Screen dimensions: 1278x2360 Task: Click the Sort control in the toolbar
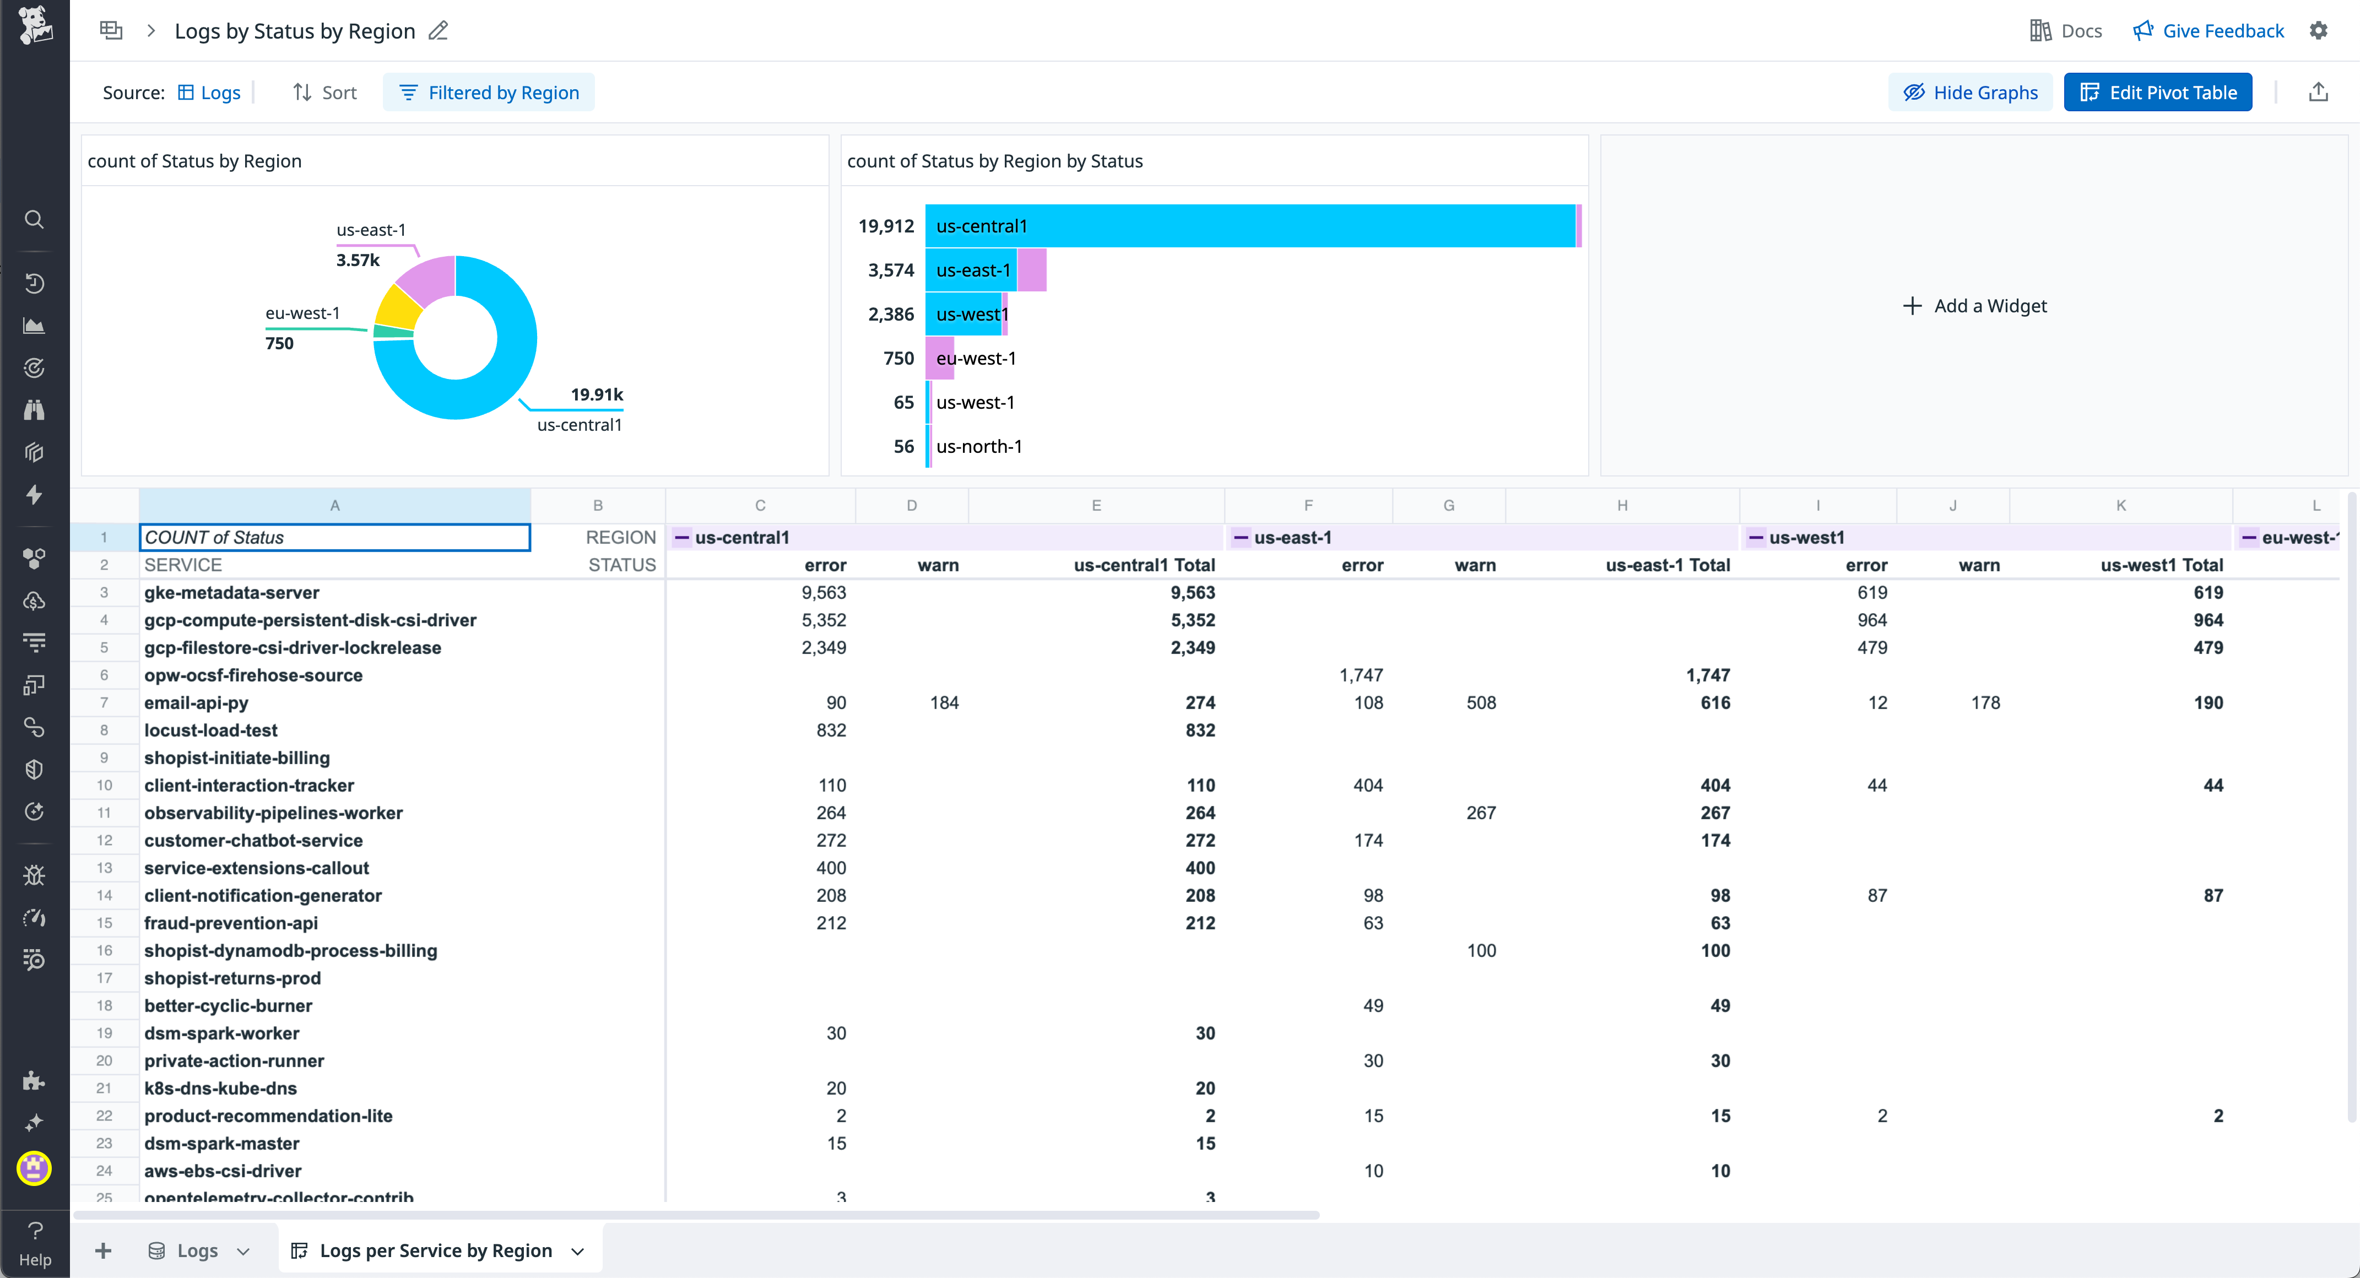click(x=324, y=93)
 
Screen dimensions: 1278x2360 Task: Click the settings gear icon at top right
click(x=2318, y=31)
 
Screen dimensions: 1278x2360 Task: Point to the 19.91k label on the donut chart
click(x=597, y=395)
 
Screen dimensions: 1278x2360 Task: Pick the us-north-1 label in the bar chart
click(x=978, y=446)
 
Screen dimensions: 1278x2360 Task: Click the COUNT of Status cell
click(x=334, y=538)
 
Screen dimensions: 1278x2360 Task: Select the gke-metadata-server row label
click(x=232, y=593)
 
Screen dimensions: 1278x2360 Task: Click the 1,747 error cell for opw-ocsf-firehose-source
click(x=1361, y=675)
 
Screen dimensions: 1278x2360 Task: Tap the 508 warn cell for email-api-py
click(x=1480, y=703)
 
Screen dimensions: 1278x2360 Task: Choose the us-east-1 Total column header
click(x=1668, y=565)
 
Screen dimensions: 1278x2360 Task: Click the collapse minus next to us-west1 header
click(x=1755, y=538)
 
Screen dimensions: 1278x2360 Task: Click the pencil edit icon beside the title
click(x=439, y=31)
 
